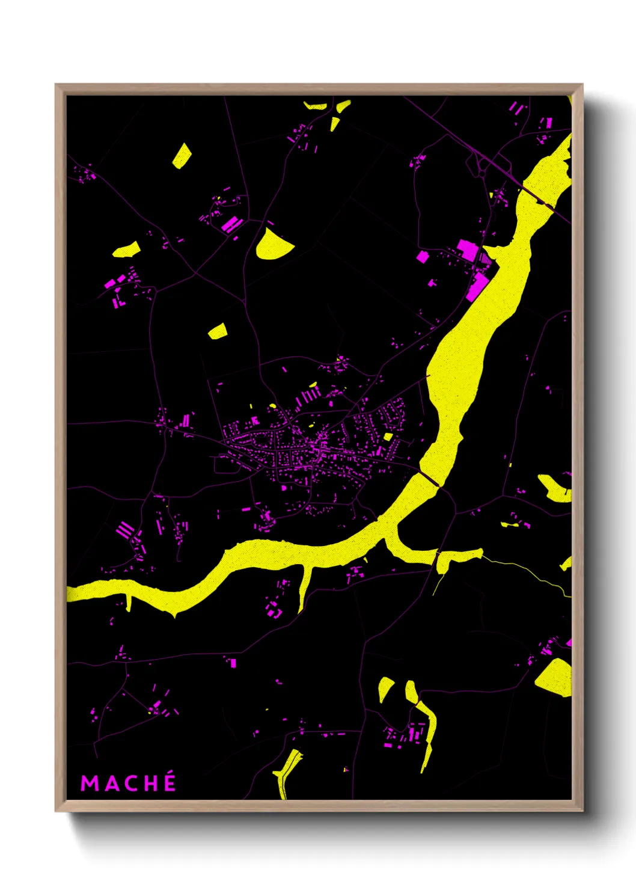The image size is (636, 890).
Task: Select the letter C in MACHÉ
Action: (x=129, y=784)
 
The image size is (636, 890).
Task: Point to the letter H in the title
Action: (x=150, y=784)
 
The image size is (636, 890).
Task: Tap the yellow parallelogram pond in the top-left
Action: (x=182, y=156)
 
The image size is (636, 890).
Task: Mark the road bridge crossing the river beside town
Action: (x=429, y=479)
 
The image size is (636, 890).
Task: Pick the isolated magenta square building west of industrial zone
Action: (x=423, y=257)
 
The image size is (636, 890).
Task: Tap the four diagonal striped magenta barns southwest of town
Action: (x=125, y=530)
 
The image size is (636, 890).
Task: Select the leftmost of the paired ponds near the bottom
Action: (x=385, y=689)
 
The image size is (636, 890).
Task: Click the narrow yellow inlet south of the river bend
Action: (x=305, y=586)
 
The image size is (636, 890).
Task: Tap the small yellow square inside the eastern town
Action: (x=388, y=437)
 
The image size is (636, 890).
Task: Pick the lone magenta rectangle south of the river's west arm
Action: (x=233, y=663)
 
